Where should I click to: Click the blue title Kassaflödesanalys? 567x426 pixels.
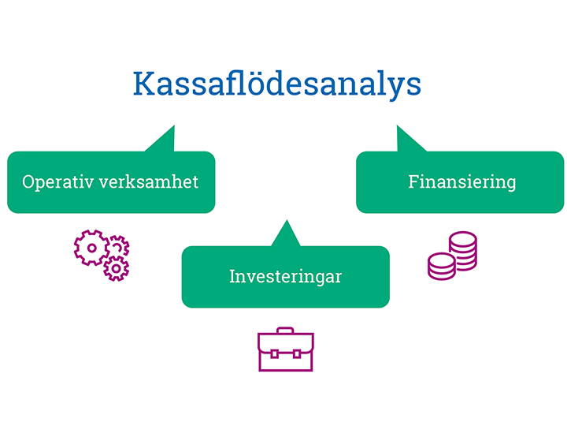click(277, 84)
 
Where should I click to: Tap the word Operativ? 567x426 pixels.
click(57, 182)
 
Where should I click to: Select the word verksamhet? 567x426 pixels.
click(149, 181)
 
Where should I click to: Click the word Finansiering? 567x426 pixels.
click(461, 182)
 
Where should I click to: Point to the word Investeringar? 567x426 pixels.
click(285, 277)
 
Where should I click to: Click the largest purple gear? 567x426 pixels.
click(92, 248)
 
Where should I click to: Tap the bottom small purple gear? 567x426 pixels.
click(116, 268)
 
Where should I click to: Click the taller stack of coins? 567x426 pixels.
click(463, 251)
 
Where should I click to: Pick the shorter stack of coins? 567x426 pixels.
click(442, 267)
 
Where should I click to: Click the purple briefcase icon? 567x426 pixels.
click(286, 349)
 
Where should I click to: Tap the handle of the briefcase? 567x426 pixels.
click(285, 331)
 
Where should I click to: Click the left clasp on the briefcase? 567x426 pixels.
click(274, 354)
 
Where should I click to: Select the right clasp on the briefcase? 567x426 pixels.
click(297, 354)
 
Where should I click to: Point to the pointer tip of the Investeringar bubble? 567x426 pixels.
click(287, 220)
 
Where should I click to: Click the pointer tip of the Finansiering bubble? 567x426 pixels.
click(397, 125)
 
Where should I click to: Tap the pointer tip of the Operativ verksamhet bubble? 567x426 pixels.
click(174, 125)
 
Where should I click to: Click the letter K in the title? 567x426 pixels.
click(144, 84)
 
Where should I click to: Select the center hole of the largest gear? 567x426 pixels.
click(92, 248)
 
